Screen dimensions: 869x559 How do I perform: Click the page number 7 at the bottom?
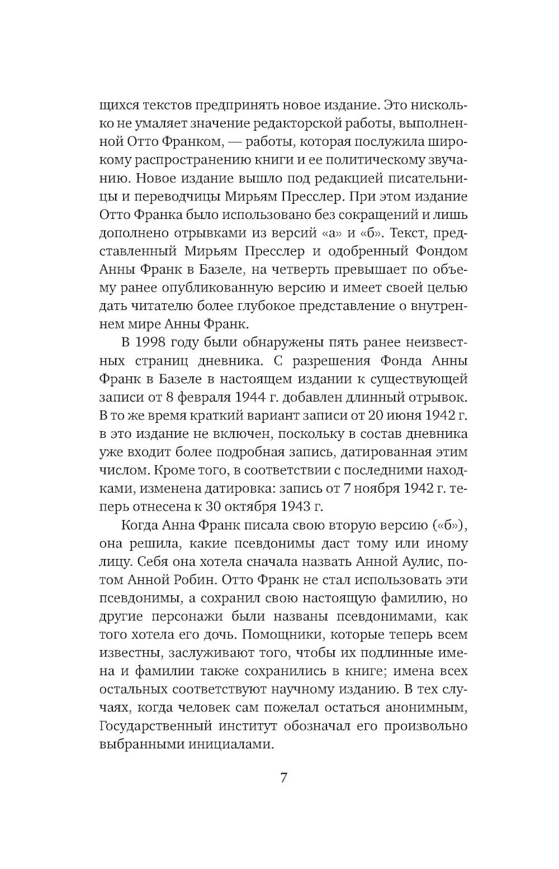click(283, 777)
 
